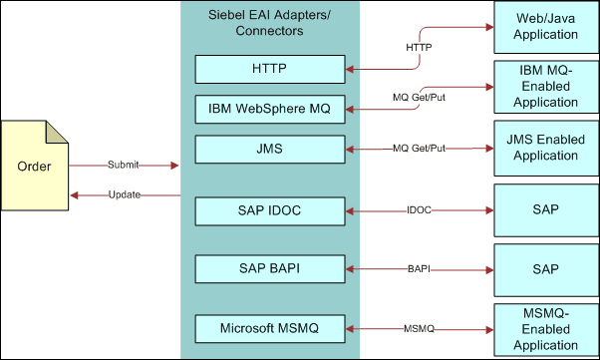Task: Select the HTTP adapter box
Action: (269, 68)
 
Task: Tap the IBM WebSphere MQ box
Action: (269, 108)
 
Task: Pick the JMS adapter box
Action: (269, 149)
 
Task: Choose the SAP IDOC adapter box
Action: (269, 211)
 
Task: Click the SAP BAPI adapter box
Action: (269, 268)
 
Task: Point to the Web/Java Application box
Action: (545, 27)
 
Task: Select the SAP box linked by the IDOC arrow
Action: (545, 211)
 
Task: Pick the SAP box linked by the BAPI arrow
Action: (545, 268)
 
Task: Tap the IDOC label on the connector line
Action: (420, 211)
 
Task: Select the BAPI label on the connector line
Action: (420, 269)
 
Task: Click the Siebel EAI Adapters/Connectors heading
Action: (269, 23)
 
